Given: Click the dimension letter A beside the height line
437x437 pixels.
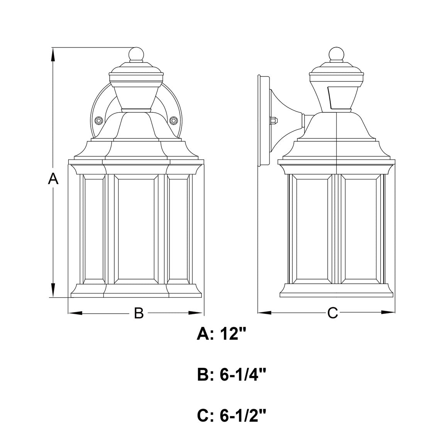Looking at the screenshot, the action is [53, 179].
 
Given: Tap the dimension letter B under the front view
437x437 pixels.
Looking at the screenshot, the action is [139, 313].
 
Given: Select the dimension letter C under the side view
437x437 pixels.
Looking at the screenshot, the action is [332, 313].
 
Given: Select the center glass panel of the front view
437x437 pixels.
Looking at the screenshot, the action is [136, 229].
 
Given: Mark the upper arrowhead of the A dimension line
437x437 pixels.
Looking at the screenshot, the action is [53, 55].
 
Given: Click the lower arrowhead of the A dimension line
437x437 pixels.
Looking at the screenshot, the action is [53, 290].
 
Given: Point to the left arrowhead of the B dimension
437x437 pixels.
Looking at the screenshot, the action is [76, 313].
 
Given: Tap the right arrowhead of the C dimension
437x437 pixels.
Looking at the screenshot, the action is [388, 313].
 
